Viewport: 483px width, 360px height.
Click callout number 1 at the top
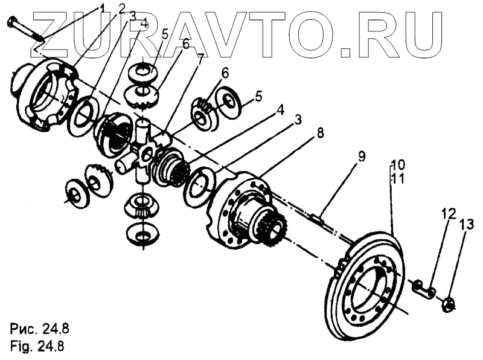pos(103,8)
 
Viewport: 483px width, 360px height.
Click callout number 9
pos(361,156)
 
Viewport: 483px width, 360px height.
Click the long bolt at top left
pos(24,30)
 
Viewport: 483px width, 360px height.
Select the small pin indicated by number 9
pos(319,218)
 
